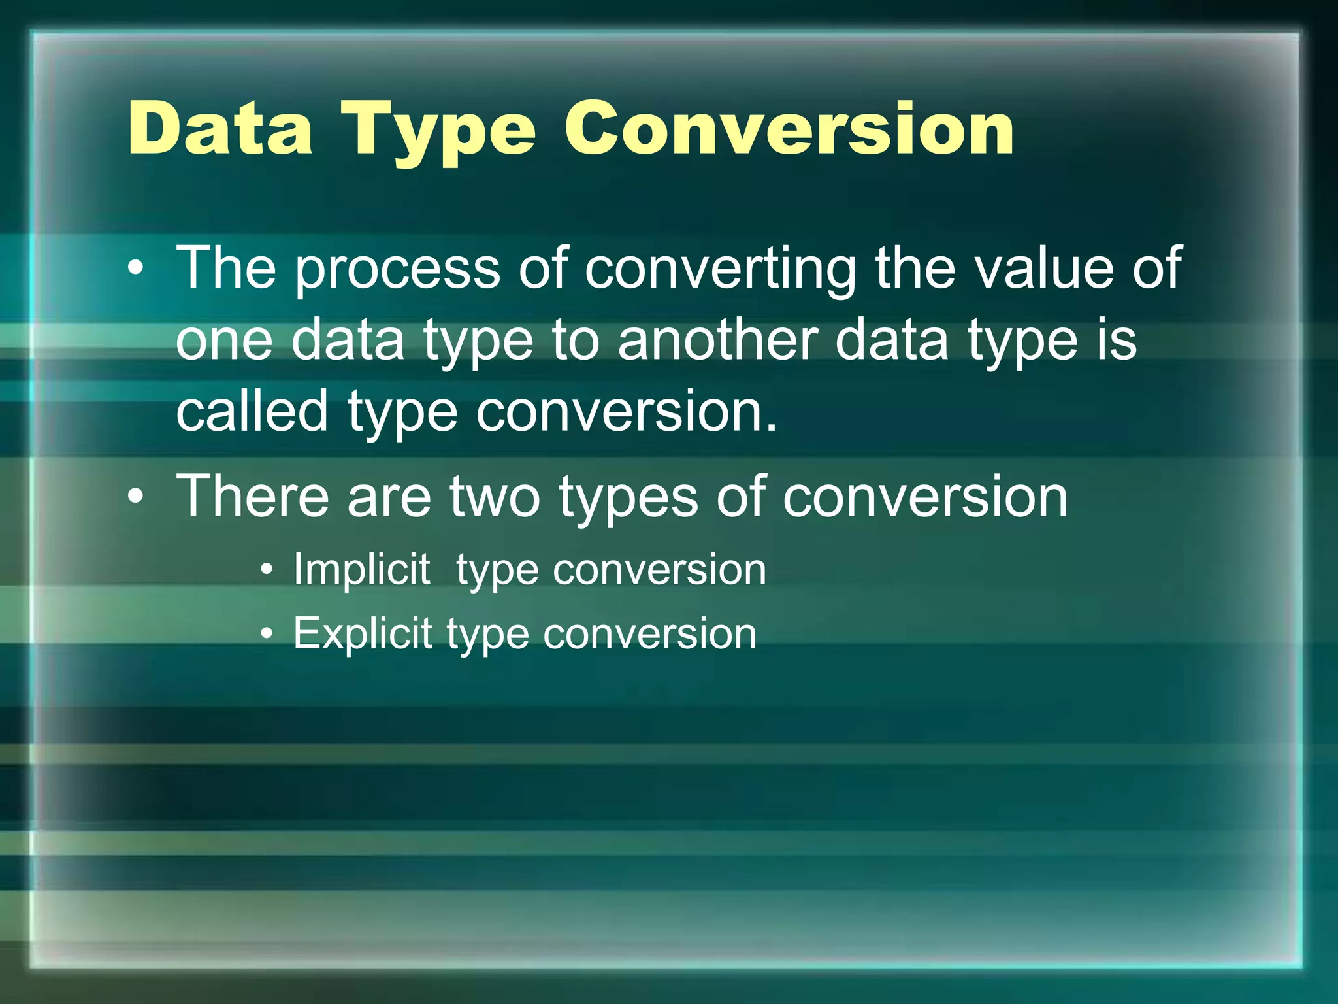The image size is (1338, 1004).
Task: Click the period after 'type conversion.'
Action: click(772, 428)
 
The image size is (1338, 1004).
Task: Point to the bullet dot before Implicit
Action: click(266, 570)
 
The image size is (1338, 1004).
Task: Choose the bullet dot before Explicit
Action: click(266, 633)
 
